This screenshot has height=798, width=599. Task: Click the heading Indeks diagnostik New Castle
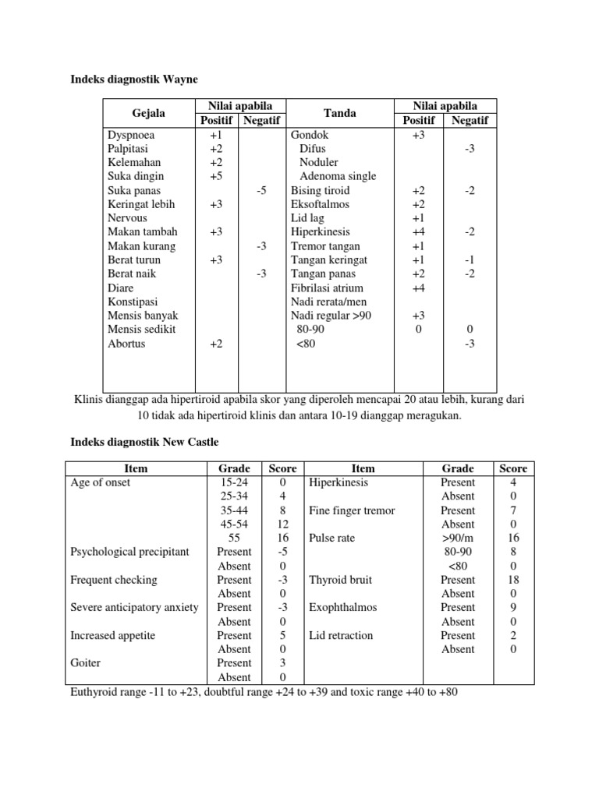(146, 442)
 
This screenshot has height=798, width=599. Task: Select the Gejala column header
(148, 113)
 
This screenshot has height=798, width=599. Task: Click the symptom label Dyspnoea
(131, 135)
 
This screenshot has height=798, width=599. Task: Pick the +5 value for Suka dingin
(216, 176)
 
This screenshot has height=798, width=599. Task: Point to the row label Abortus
(126, 343)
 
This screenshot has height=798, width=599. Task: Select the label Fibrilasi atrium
(327, 288)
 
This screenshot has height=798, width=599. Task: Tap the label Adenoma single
(338, 176)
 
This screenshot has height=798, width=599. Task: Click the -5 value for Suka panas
(261, 190)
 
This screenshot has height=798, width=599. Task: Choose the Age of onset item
(101, 482)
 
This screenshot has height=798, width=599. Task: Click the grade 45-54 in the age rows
(235, 524)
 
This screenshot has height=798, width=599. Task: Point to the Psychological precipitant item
(129, 552)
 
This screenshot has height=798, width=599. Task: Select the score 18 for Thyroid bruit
(512, 580)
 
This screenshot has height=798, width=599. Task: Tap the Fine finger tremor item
(352, 510)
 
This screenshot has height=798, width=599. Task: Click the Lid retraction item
(341, 635)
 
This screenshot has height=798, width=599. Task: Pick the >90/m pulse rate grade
(457, 538)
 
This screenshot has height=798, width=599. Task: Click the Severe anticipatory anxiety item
(134, 607)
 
